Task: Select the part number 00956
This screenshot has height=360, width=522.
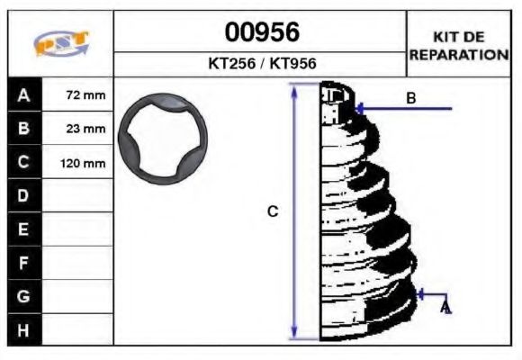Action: pos(261,33)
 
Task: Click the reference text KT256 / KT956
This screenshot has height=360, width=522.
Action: pos(261,64)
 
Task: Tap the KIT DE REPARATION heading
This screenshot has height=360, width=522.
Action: pos(459,45)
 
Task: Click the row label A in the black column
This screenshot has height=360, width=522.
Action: pos(23,94)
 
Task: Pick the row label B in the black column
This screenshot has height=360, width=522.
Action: pos(23,129)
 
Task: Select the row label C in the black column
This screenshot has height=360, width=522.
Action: pos(23,163)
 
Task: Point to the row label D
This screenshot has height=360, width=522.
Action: pos(23,196)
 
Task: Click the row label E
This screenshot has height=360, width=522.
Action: pos(23,229)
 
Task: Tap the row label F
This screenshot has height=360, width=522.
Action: pos(23,263)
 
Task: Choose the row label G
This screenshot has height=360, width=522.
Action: pos(23,296)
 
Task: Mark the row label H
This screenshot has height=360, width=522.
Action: pos(23,329)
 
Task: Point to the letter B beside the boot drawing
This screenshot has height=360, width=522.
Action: pos(410,98)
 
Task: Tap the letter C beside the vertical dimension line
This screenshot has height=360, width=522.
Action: pos(273,211)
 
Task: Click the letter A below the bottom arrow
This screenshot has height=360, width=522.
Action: pos(445,309)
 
